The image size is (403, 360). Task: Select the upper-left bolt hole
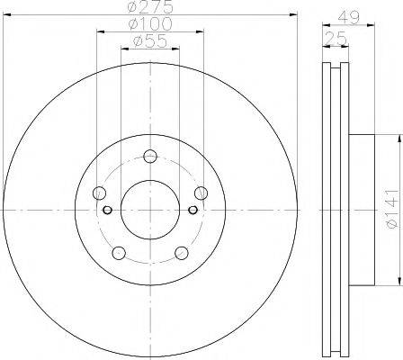(98, 192)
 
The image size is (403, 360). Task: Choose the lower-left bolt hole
(118, 253)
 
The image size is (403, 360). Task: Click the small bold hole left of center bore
(107, 211)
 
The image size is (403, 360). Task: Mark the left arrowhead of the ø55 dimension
(123, 50)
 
